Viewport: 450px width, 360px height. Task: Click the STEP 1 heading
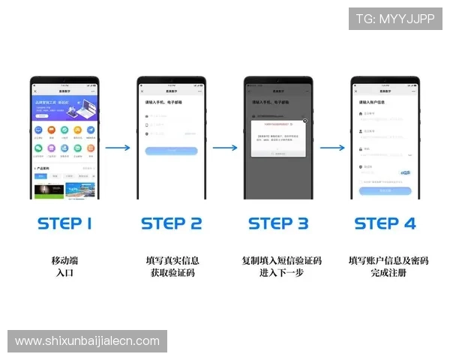point(64,223)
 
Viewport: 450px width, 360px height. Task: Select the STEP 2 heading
point(171,223)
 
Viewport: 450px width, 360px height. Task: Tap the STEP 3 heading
point(278,223)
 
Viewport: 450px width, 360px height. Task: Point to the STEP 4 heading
point(385,223)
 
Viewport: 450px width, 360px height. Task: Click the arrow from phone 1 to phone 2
point(118,148)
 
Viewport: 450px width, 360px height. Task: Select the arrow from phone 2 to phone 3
point(224,148)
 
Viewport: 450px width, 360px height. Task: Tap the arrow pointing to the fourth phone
point(331,148)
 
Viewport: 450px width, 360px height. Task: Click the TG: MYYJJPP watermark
point(395,19)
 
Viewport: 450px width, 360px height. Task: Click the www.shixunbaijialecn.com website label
point(87,341)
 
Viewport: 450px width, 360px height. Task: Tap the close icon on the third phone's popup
point(304,120)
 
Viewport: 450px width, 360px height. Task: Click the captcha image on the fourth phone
point(405,172)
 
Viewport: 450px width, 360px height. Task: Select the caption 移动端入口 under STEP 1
point(64,267)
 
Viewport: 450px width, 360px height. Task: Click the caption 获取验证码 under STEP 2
point(172,273)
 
